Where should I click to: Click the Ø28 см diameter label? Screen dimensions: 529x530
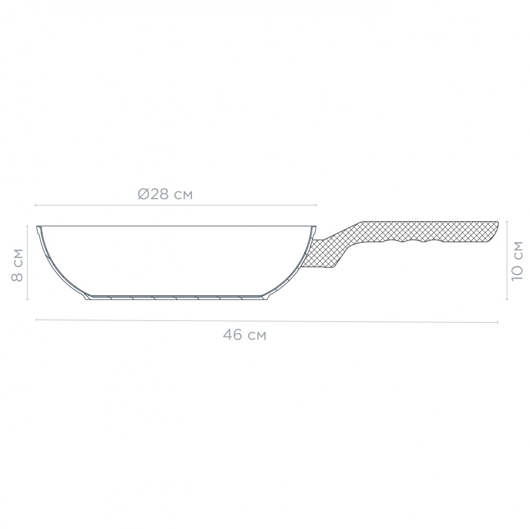point(165,194)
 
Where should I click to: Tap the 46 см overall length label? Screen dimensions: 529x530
point(244,335)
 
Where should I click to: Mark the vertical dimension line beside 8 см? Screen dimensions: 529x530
point(28,262)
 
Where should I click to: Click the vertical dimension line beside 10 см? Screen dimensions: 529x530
point(508,259)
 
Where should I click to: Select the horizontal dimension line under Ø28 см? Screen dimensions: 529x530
point(175,205)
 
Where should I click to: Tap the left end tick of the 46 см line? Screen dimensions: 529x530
point(36,319)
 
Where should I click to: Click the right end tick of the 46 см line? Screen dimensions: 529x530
point(497,322)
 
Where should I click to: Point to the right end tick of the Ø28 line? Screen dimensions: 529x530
point(316,205)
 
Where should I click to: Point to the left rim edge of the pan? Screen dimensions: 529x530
point(39,228)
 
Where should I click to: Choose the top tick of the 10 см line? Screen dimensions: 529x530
point(508,221)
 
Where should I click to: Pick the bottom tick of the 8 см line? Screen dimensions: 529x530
point(28,300)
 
